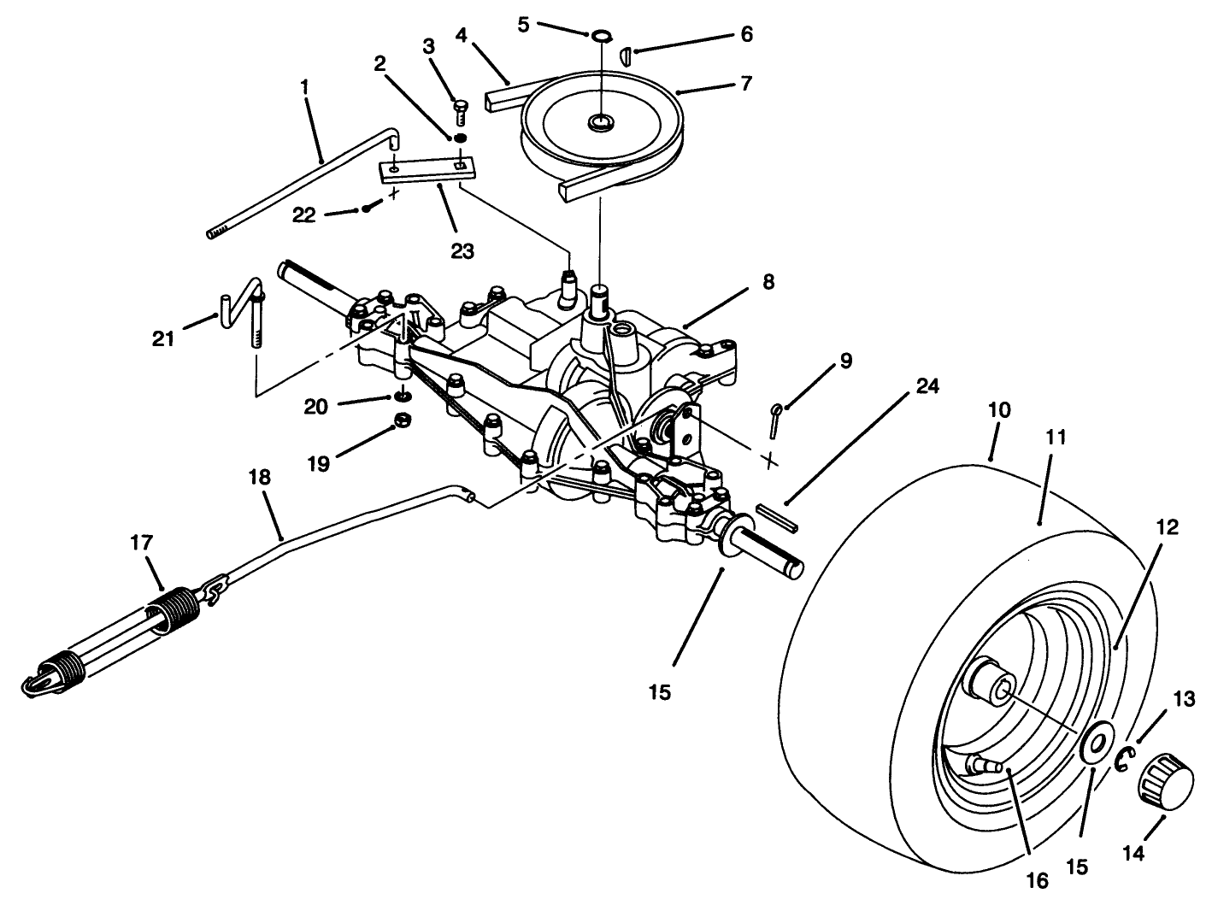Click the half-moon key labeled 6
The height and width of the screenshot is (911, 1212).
[x=626, y=54]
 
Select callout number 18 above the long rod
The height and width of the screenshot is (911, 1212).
[x=260, y=477]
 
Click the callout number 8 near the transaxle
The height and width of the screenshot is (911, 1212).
[x=768, y=282]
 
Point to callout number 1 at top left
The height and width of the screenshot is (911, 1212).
[x=305, y=87]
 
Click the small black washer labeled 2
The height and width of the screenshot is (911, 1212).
[x=459, y=138]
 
